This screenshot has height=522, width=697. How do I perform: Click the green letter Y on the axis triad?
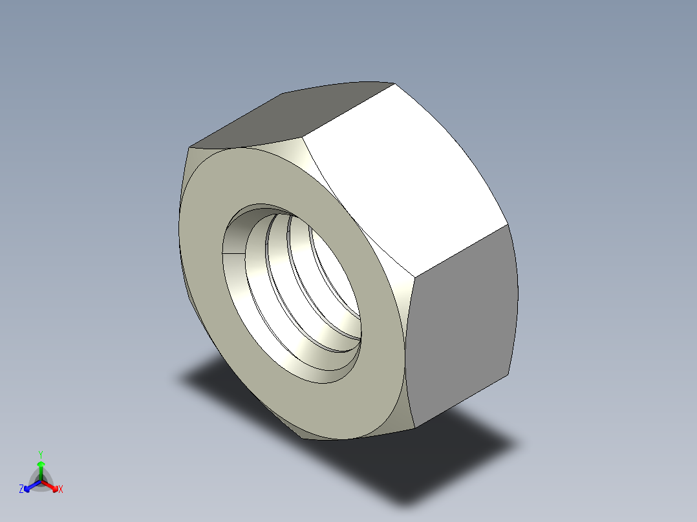[x=40, y=454]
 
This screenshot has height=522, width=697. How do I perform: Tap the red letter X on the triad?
[x=61, y=490]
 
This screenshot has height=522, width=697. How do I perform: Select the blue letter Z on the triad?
[x=21, y=490]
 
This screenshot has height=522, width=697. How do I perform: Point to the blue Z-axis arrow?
[x=30, y=486]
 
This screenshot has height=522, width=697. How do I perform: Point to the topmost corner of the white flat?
[x=394, y=84]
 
